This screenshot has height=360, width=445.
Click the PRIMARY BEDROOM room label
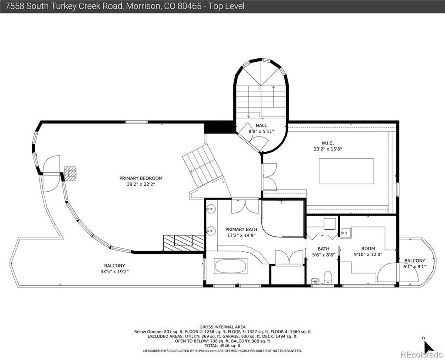[x=141, y=178]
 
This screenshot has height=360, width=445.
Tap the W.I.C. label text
[x=328, y=143]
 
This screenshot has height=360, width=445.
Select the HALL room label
[x=261, y=125]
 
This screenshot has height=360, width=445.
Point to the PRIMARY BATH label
[x=241, y=230]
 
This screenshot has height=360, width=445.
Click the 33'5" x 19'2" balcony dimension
[x=114, y=271]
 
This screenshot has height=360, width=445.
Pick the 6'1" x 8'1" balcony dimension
[x=415, y=267]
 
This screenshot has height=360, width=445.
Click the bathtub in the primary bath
[x=231, y=266]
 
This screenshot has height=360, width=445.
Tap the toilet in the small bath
[x=328, y=277]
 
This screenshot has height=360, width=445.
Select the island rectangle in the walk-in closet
[x=346, y=171]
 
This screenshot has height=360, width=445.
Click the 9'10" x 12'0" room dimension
[x=368, y=254]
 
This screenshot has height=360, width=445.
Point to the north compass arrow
[x=429, y=346]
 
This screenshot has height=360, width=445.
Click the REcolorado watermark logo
[x=421, y=354]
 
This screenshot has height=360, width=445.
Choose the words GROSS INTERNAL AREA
[x=222, y=327]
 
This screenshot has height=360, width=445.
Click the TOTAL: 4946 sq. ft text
[x=222, y=346]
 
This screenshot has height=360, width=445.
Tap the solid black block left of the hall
[x=219, y=127]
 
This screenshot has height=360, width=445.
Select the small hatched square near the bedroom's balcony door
[x=70, y=173]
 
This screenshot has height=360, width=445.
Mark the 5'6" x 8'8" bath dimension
[x=323, y=255]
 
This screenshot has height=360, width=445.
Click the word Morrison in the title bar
[x=143, y=6]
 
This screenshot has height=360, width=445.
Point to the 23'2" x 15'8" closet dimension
[x=328, y=149]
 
